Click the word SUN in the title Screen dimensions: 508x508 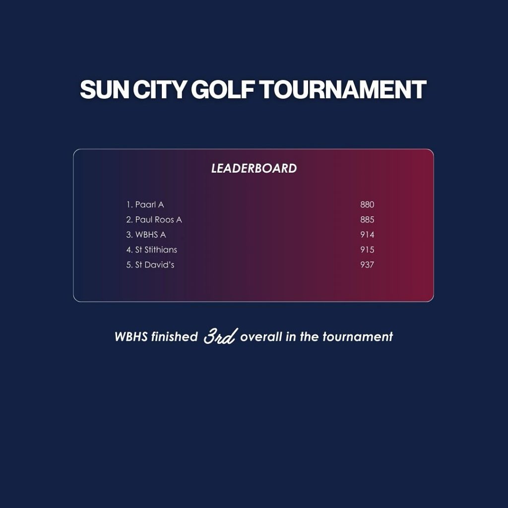[x=104, y=89]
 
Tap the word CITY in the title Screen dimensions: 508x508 [x=160, y=89]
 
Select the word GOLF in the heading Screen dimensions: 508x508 [x=223, y=89]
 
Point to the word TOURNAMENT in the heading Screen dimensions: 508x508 [x=343, y=89]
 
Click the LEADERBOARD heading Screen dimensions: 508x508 [x=254, y=169]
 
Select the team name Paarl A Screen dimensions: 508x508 [x=149, y=205]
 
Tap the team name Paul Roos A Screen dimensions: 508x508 [x=158, y=220]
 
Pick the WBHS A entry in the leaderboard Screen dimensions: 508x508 [x=151, y=235]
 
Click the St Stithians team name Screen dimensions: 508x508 [x=156, y=250]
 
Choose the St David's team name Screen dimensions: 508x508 [x=155, y=265]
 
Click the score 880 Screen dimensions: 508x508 [x=367, y=205]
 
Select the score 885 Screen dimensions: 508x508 [x=367, y=220]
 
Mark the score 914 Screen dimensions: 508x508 [x=367, y=235]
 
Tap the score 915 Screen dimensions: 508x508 [x=367, y=250]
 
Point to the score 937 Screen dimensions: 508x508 [x=367, y=265]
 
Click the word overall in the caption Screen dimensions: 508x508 [x=261, y=337]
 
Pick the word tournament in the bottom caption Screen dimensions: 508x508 [x=358, y=337]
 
